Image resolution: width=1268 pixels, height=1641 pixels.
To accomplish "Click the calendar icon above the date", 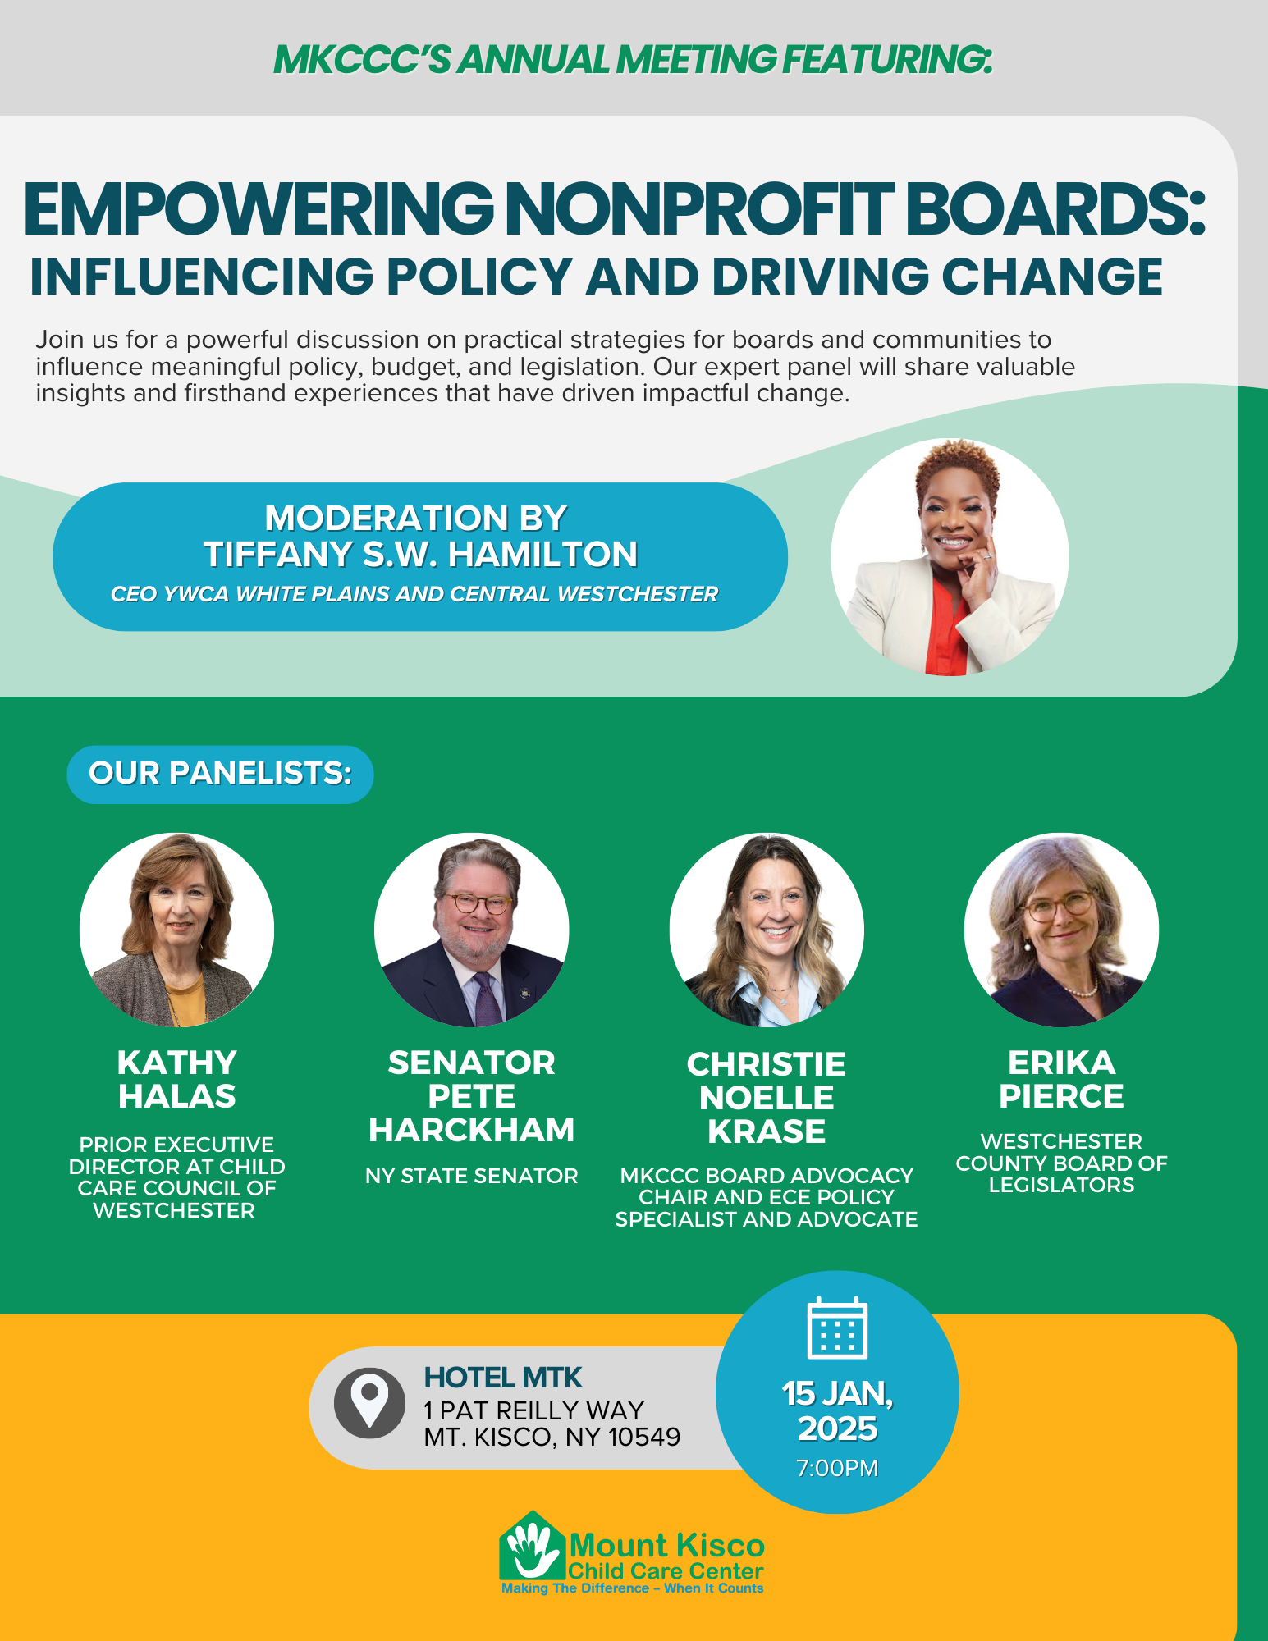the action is (x=837, y=1328).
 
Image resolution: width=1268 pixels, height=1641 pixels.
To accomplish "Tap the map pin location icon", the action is (x=369, y=1403).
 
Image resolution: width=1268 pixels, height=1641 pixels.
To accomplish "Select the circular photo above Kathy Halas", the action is (x=176, y=930).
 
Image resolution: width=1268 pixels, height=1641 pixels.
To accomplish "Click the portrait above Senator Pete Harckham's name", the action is (x=471, y=930).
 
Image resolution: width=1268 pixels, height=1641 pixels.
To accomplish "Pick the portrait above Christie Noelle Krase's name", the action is (x=767, y=930).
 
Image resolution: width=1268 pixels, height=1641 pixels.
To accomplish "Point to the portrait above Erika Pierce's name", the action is (x=1061, y=930).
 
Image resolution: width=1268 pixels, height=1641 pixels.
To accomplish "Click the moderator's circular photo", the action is (x=950, y=557).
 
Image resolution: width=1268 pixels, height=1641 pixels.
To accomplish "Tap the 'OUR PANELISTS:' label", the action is (x=220, y=774).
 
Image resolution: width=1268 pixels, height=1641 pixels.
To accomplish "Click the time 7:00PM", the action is (x=837, y=1468).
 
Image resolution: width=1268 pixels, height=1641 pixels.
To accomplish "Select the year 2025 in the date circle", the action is (x=837, y=1429).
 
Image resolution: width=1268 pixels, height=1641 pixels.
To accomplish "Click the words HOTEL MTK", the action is (x=503, y=1377).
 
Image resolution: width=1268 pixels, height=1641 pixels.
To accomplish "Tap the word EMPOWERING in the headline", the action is (x=259, y=209).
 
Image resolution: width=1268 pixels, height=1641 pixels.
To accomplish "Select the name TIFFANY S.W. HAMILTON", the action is (x=420, y=555).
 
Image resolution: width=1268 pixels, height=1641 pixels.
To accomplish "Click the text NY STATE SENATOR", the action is (x=471, y=1176).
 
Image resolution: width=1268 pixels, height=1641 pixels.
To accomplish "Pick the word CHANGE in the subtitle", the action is (x=1052, y=277).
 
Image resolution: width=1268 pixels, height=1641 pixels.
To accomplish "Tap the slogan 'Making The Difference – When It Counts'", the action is (x=632, y=1588).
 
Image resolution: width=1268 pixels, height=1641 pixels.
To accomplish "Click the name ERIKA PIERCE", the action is (x=1061, y=1080).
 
